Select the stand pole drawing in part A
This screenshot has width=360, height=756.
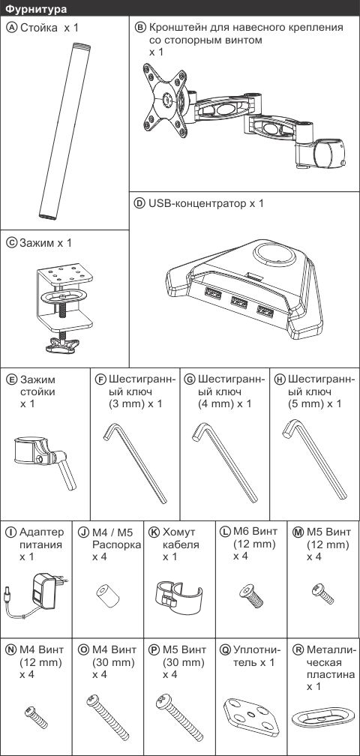(x=64, y=131)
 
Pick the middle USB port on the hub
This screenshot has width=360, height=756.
(x=238, y=303)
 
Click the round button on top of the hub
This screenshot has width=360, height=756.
(x=274, y=254)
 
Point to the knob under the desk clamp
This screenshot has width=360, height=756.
(x=63, y=344)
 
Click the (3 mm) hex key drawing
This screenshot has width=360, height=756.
(x=135, y=463)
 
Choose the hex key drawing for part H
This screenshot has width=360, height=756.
(x=314, y=459)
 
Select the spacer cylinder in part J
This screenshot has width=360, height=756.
(x=107, y=596)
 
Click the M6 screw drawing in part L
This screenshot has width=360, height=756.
(x=251, y=595)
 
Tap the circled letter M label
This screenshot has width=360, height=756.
(x=298, y=532)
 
